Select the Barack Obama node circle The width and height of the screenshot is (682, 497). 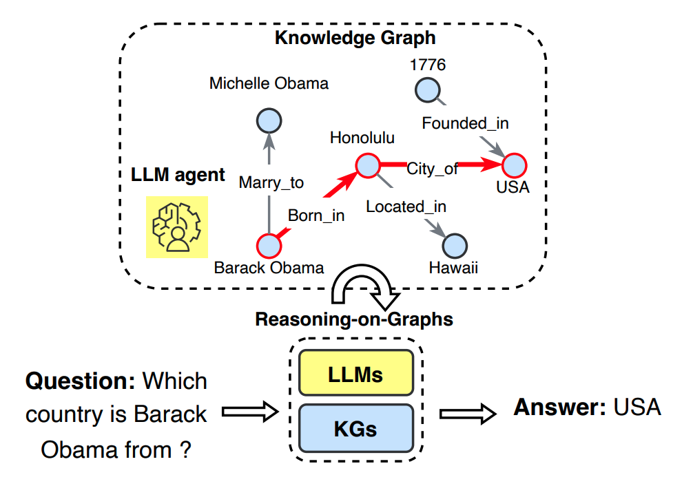tap(268, 245)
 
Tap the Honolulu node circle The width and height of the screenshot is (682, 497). tap(368, 165)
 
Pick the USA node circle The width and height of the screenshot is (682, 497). tap(514, 165)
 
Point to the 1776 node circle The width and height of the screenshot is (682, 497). tap(427, 89)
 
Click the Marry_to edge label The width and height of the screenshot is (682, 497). tap(271, 182)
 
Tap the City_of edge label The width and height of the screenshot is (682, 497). tap(432, 168)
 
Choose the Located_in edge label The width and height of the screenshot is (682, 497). tap(406, 206)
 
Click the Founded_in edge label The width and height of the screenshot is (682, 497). tap(465, 123)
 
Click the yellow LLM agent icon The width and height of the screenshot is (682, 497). tap(177, 227)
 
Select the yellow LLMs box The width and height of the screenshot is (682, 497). tap(355, 375)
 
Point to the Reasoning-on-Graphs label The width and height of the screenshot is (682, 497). tap(354, 319)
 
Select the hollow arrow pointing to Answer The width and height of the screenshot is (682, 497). tap(468, 413)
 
